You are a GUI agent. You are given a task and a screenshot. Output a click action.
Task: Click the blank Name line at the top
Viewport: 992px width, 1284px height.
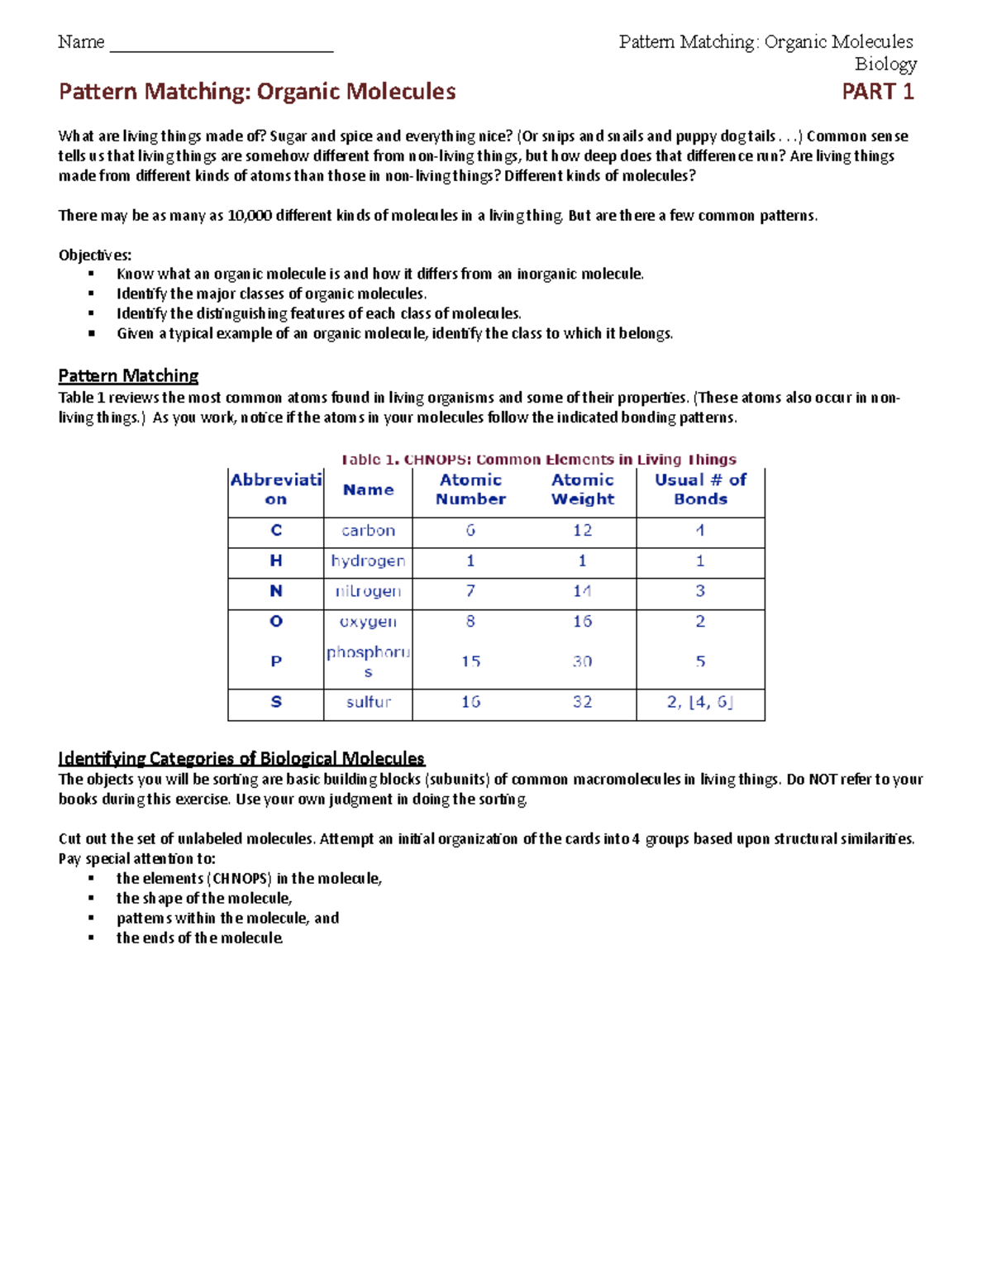pyautogui.click(x=221, y=45)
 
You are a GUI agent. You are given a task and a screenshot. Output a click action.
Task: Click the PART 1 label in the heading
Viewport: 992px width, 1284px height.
pyautogui.click(x=877, y=92)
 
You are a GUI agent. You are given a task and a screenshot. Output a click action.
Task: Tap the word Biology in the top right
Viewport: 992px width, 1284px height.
pyautogui.click(x=885, y=64)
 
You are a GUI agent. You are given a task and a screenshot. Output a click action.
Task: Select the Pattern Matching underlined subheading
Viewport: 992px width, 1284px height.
pyautogui.click(x=128, y=376)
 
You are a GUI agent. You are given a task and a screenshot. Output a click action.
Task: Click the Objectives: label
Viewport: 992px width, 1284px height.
pyautogui.click(x=94, y=255)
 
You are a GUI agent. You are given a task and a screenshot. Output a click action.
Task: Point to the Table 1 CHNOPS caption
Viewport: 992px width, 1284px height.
pyautogui.click(x=538, y=460)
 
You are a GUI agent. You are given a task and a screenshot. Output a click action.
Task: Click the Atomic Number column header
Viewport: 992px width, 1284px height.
pyautogui.click(x=470, y=489)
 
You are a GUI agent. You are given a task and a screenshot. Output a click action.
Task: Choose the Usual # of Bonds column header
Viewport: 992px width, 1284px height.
pyautogui.click(x=700, y=489)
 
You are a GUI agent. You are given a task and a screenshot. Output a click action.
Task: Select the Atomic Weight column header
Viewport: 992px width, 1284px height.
pyautogui.click(x=582, y=489)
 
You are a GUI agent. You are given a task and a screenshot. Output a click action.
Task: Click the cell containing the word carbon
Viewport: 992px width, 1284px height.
pyautogui.click(x=368, y=531)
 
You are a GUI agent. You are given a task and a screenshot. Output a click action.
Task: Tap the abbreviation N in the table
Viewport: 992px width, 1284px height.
pyautogui.click(x=276, y=591)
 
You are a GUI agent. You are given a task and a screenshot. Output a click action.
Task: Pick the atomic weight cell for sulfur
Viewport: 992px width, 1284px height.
pyautogui.click(x=582, y=702)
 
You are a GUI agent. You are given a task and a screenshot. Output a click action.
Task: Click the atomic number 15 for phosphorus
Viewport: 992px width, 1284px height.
pyautogui.click(x=470, y=661)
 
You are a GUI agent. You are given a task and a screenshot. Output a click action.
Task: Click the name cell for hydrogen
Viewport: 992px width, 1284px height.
pyautogui.click(x=368, y=561)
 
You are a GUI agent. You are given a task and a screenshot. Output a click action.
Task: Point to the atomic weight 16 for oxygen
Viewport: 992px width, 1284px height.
pyautogui.click(x=582, y=622)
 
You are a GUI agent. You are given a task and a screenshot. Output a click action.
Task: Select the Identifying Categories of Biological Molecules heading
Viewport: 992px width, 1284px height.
pyautogui.click(x=241, y=758)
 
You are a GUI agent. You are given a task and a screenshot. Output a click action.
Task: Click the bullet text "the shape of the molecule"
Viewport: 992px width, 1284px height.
pyautogui.click(x=204, y=899)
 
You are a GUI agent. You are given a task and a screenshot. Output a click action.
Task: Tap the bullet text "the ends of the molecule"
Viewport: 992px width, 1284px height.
pyautogui.click(x=199, y=938)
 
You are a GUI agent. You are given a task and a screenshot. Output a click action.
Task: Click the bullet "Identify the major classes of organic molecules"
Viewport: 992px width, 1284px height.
pyautogui.click(x=271, y=294)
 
